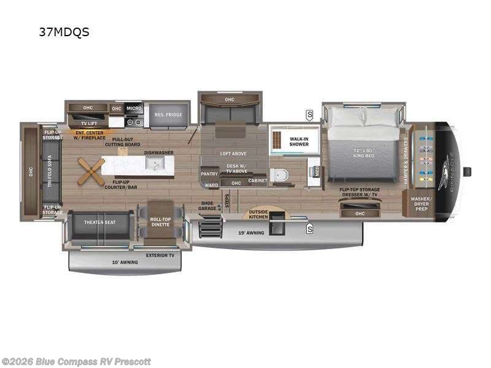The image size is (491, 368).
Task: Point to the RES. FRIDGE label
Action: tap(168, 115)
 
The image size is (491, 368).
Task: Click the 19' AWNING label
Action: tap(252, 233)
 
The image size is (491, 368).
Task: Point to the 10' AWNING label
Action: tap(126, 263)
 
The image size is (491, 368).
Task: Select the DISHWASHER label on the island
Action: tap(158, 153)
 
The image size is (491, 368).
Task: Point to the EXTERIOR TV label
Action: tap(159, 255)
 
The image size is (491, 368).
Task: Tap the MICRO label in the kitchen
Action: tap(134, 108)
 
